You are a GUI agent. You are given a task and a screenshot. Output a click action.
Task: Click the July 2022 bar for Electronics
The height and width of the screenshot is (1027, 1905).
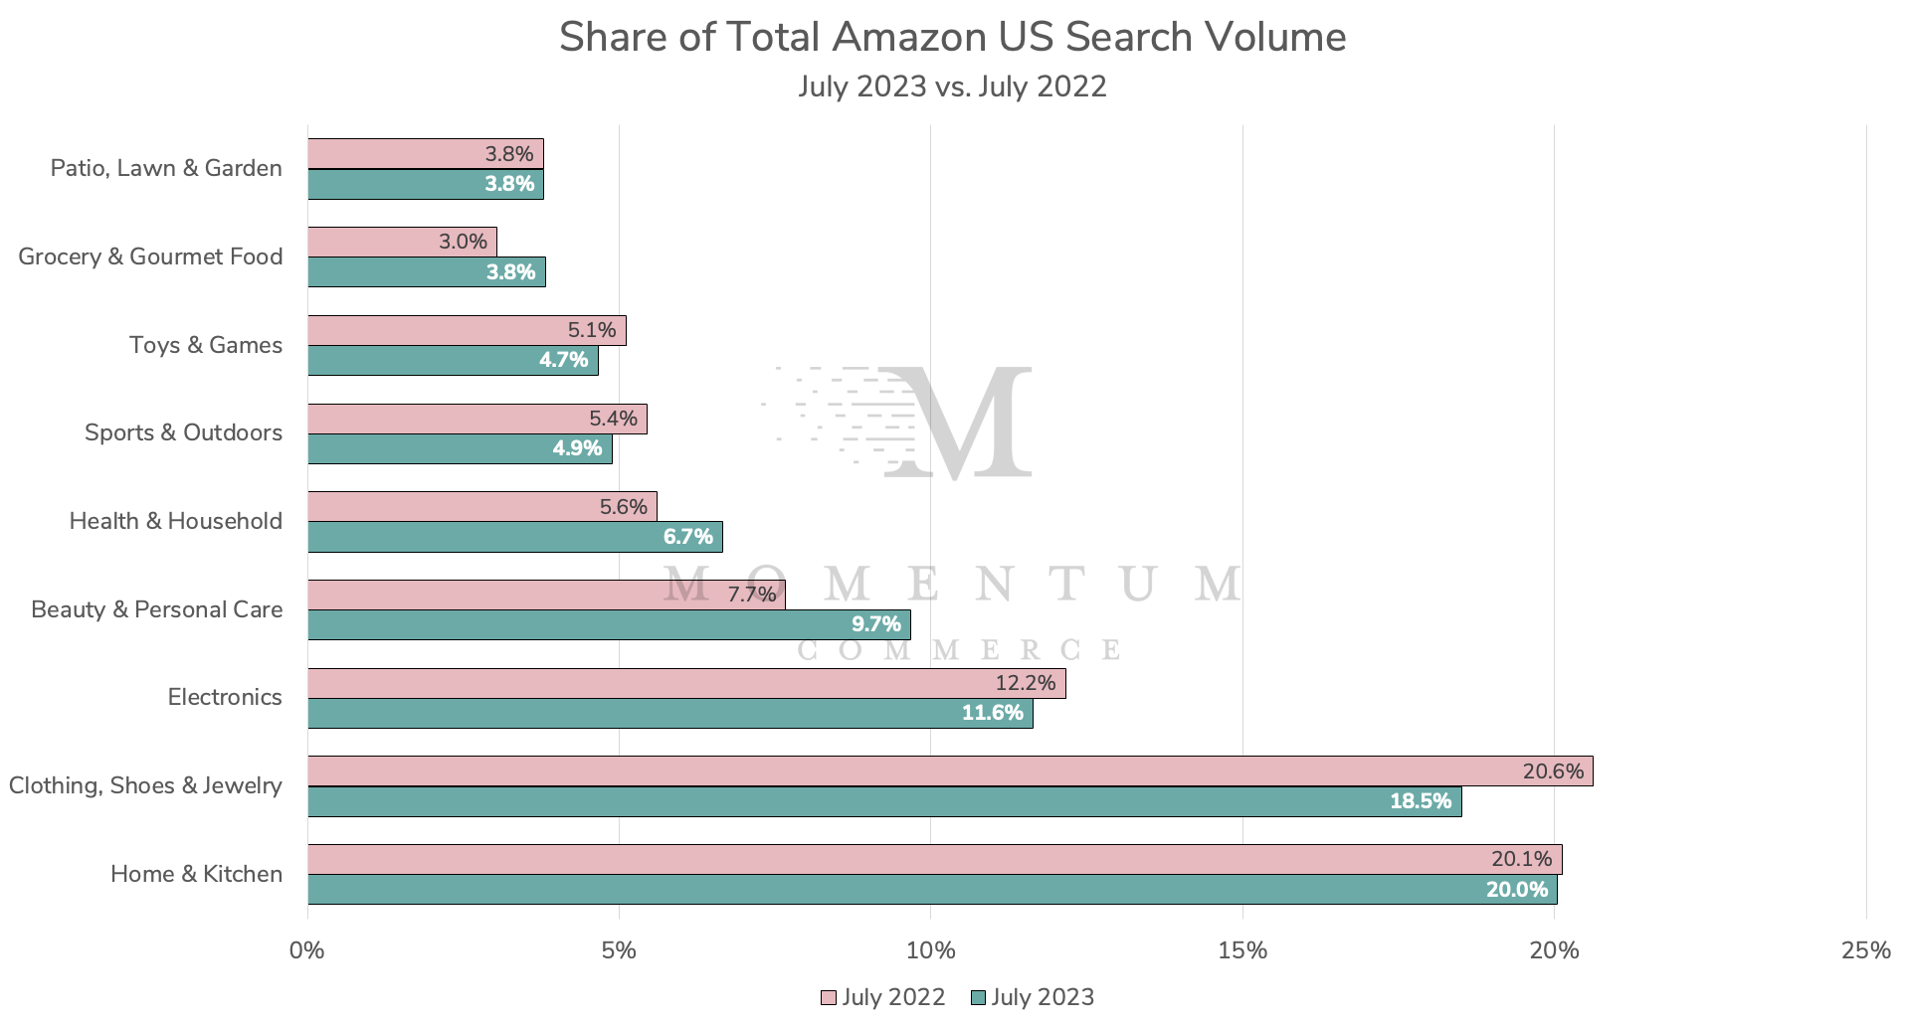coord(686,683)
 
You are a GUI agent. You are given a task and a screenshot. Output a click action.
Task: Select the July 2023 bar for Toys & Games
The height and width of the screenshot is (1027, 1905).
coord(453,360)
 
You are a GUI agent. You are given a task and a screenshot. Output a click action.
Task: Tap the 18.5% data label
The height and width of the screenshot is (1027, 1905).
coord(1420,801)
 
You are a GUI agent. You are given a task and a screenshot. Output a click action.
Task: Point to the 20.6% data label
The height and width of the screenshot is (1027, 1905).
coord(1552,771)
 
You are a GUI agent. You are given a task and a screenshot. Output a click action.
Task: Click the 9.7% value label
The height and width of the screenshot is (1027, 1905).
coord(875,624)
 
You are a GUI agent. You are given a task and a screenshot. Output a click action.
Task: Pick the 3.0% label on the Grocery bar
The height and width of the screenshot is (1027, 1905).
coord(463,242)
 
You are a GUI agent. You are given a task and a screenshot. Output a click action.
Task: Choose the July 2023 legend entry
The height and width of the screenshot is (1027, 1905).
coord(1032,997)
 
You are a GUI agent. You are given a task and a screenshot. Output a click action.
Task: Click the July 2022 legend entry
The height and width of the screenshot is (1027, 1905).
coord(883,997)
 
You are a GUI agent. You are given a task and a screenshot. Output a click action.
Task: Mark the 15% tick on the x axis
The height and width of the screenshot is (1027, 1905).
coord(1242,950)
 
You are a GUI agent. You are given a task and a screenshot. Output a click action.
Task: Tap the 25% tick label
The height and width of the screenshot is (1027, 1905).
coord(1865,950)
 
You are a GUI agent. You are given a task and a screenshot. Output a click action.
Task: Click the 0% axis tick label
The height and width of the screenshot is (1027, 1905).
coord(307,950)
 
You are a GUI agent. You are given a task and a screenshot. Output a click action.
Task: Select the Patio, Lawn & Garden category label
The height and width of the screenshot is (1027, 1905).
coord(166,168)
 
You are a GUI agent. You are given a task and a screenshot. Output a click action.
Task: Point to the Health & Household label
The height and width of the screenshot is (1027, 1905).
coord(175,521)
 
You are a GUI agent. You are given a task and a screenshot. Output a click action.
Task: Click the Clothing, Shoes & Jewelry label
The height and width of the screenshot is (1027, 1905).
coord(145,785)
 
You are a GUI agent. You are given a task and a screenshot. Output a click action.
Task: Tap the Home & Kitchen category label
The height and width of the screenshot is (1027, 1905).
coord(196,874)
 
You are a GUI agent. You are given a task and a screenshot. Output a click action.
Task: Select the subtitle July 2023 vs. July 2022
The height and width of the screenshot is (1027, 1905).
coord(952,86)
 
